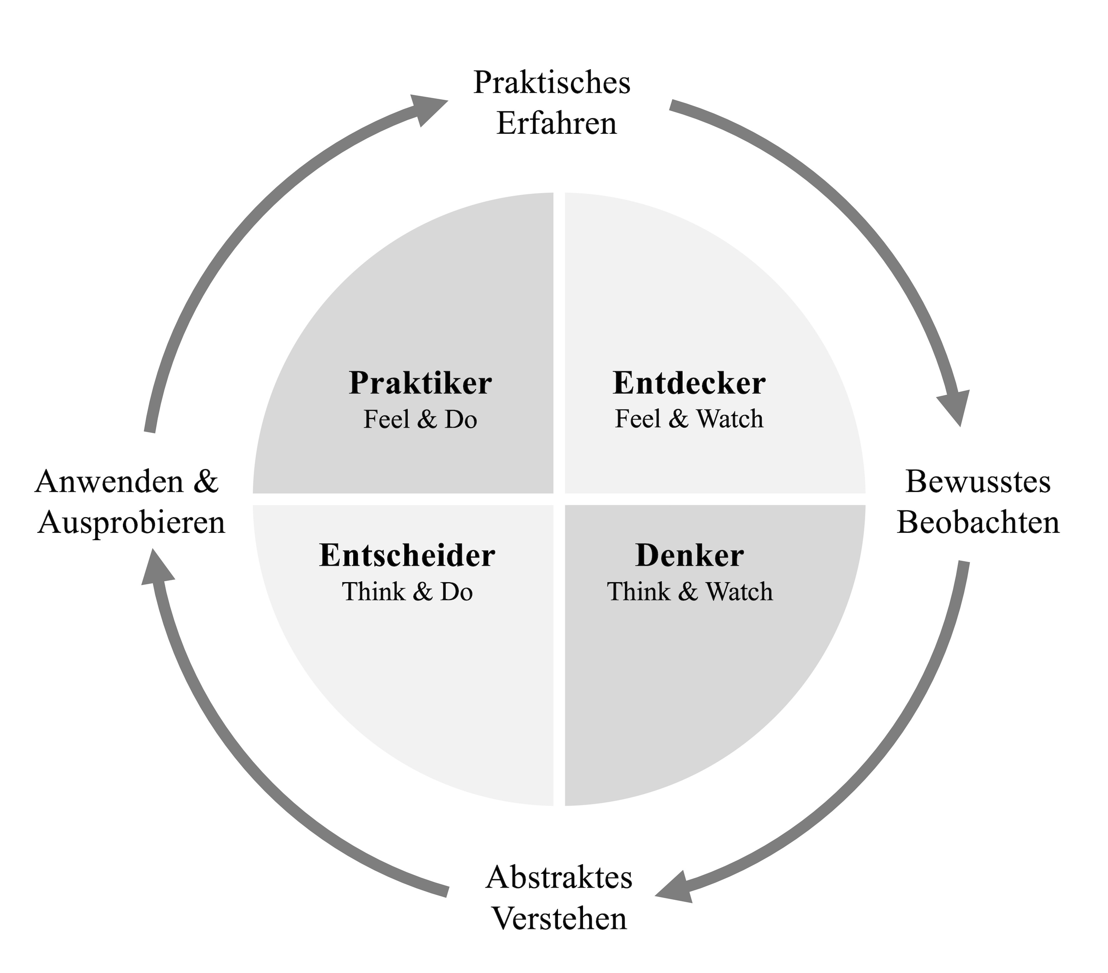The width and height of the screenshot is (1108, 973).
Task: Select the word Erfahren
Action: tap(557, 124)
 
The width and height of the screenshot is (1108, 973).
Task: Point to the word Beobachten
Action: tap(978, 523)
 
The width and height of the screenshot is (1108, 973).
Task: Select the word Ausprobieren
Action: tap(131, 523)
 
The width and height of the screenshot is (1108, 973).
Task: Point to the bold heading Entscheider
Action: tap(407, 556)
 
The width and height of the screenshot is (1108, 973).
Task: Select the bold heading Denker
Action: tap(689, 556)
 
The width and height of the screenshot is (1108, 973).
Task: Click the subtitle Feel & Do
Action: tap(420, 419)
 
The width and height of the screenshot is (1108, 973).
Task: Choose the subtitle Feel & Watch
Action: tap(689, 419)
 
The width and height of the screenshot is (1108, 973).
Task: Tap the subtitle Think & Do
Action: tap(407, 592)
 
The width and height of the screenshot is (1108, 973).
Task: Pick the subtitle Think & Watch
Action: tap(689, 592)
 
